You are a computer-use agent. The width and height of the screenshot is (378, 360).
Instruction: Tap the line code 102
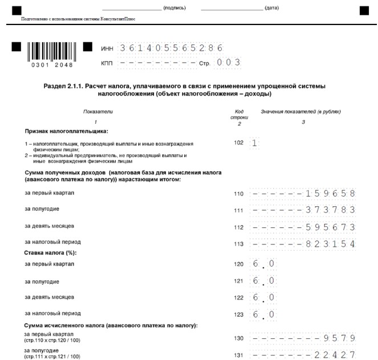pos(239,143)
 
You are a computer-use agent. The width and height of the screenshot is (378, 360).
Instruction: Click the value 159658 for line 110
pos(331,193)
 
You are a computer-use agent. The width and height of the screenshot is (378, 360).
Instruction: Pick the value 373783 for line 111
pos(331,210)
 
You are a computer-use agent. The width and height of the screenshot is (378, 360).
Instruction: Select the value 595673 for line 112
pos(331,227)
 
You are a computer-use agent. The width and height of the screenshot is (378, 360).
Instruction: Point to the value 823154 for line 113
pos(331,244)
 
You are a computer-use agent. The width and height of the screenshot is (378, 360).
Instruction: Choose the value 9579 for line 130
pos(340,338)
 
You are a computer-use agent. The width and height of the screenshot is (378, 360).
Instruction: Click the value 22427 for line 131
pos(336,355)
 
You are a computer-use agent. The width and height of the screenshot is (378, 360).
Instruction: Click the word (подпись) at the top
pos(174,9)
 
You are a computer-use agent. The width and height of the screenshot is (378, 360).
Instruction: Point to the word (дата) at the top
pos(272,9)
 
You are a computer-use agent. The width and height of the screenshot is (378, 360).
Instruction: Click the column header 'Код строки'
pos(239,114)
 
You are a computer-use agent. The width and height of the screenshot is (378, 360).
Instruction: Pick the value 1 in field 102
pos(254,143)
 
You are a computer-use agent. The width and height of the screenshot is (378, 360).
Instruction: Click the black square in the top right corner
pos(364,10)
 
